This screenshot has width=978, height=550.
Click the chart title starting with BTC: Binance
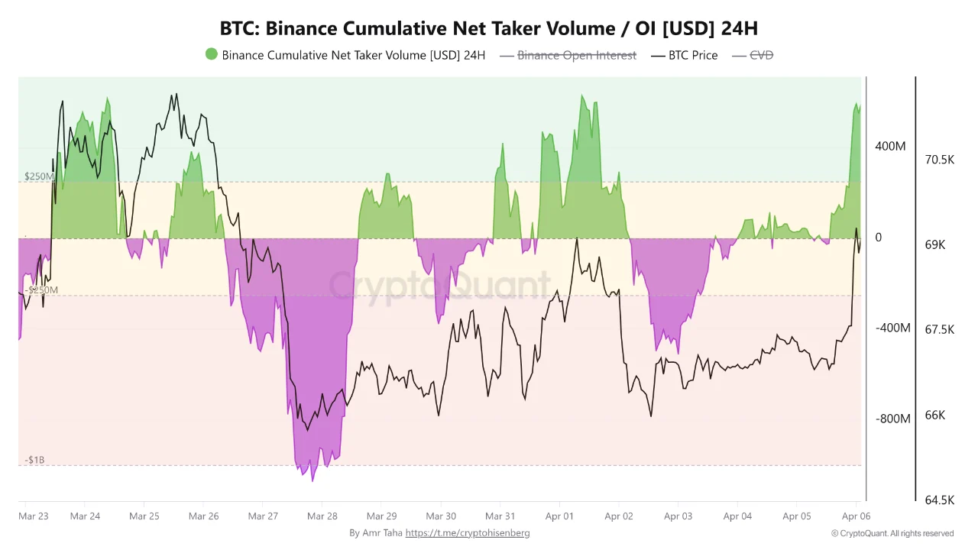pyautogui.click(x=489, y=28)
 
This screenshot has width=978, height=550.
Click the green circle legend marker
pyautogui.click(x=212, y=54)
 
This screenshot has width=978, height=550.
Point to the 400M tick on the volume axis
pyautogui.click(x=890, y=146)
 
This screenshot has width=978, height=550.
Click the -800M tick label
pyautogui.click(x=892, y=419)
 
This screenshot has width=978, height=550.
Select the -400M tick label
pyautogui.click(x=892, y=328)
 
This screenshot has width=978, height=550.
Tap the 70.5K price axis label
pyautogui.click(x=939, y=160)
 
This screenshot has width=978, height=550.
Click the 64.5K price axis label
pyautogui.click(x=939, y=500)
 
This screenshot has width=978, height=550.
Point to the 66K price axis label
pyautogui.click(x=936, y=416)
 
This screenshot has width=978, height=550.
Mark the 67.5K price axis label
pyautogui.click(x=939, y=330)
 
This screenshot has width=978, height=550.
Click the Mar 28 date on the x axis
pyautogui.click(x=322, y=516)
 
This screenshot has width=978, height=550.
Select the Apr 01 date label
pyautogui.click(x=559, y=516)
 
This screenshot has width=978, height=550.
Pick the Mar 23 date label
pyautogui.click(x=33, y=516)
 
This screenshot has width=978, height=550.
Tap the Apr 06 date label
pyautogui.click(x=856, y=516)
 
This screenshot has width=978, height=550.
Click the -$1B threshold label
pyautogui.click(x=34, y=461)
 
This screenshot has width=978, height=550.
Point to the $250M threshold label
pyautogui.click(x=39, y=176)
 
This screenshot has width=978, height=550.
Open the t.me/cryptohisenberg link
pyautogui.click(x=467, y=533)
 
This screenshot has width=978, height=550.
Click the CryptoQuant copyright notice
pyautogui.click(x=892, y=533)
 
